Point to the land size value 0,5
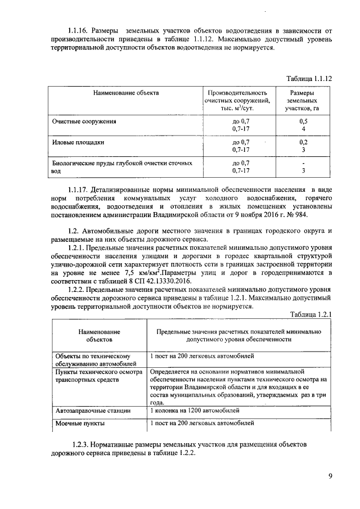304,121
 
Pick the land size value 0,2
304,142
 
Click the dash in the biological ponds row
304,163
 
